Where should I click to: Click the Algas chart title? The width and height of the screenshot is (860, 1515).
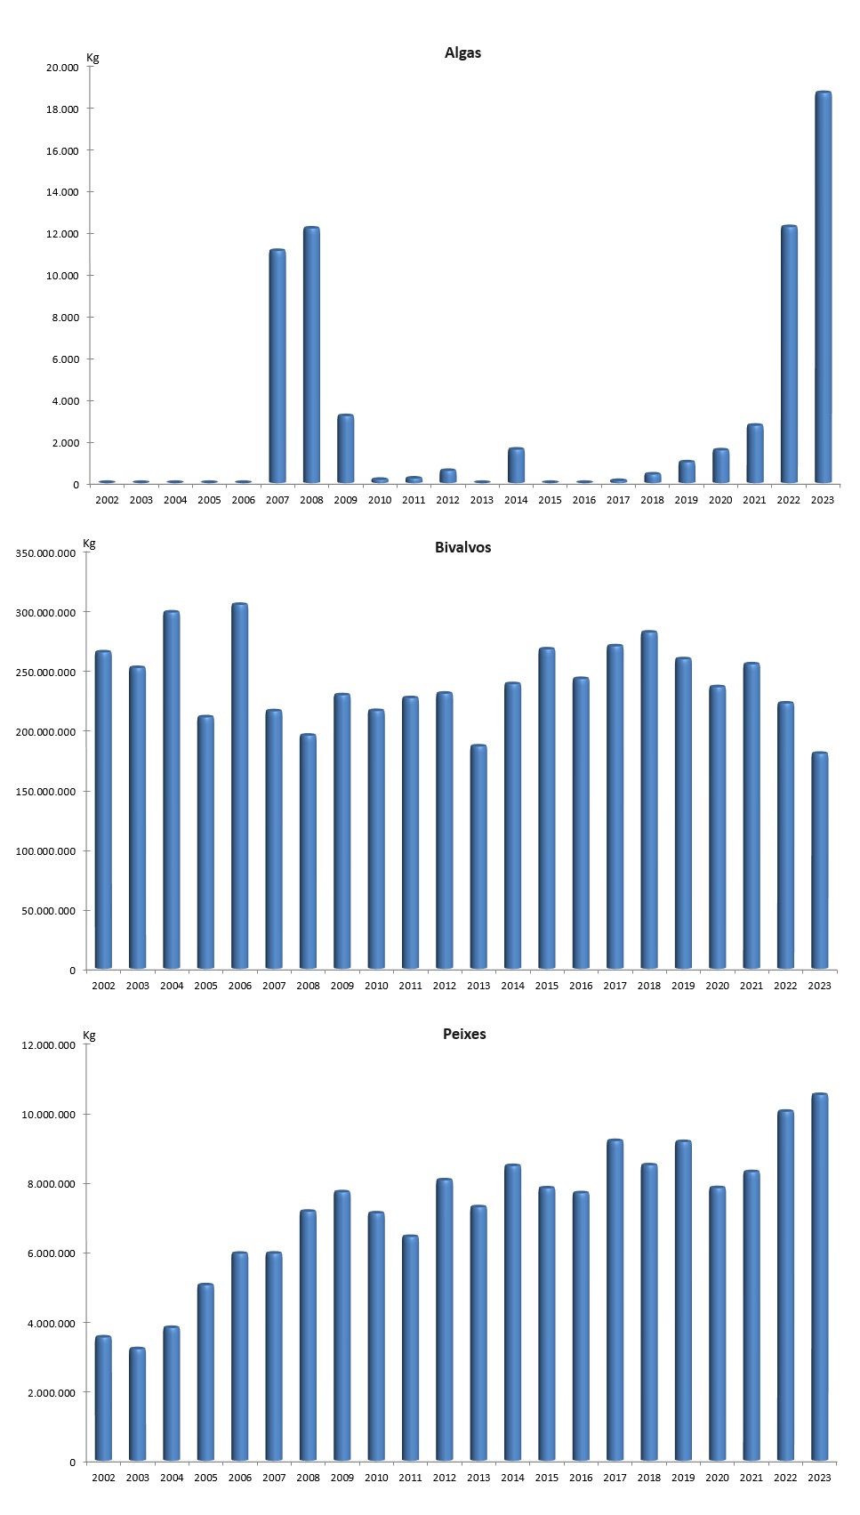[462, 53]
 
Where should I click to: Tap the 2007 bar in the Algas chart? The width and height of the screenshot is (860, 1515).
[277, 367]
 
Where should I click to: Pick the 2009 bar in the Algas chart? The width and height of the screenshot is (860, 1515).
[345, 448]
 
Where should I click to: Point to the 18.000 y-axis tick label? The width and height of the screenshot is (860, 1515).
[62, 109]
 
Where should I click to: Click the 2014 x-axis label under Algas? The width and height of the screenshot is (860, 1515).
[516, 500]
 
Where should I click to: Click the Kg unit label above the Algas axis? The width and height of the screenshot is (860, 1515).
[92, 58]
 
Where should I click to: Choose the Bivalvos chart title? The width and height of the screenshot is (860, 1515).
[462, 548]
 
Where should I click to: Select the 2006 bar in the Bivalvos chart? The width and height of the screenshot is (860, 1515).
[240, 786]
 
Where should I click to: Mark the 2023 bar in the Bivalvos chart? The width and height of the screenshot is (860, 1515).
[819, 860]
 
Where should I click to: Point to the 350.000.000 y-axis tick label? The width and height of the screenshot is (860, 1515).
[45, 553]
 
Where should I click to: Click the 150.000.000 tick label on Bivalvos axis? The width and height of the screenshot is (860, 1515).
[45, 792]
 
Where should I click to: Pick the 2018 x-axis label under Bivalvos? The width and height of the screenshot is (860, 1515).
[649, 986]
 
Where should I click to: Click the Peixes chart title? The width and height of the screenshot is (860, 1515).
[464, 1035]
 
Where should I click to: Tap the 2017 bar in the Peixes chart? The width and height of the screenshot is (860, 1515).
[615, 1300]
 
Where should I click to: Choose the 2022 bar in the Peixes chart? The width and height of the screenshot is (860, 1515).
[785, 1285]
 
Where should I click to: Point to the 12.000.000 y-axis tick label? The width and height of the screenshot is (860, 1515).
[48, 1045]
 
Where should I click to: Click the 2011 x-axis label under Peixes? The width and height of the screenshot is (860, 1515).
[410, 1478]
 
